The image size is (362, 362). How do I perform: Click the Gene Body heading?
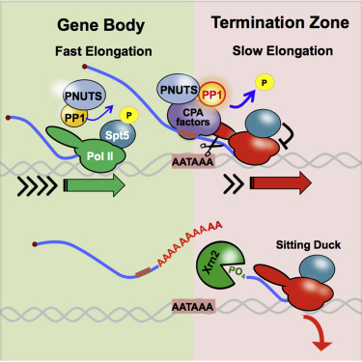click(101, 26)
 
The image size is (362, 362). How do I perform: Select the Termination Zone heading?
click(280, 23)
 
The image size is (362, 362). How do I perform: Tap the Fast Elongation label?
click(103, 51)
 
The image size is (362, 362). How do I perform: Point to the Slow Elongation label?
click(283, 51)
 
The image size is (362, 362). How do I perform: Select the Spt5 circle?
click(118, 134)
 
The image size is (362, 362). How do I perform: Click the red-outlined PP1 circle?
click(211, 94)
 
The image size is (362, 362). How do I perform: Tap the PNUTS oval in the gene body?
click(84, 95)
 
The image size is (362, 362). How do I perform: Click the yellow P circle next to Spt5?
click(129, 115)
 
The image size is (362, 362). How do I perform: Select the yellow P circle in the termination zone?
click(265, 83)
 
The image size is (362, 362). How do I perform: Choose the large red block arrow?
click(281, 183)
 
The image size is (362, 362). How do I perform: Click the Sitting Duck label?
click(308, 245)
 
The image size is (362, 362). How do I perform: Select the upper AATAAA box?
click(193, 161)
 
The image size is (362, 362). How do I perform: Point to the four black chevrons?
click(38, 185)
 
